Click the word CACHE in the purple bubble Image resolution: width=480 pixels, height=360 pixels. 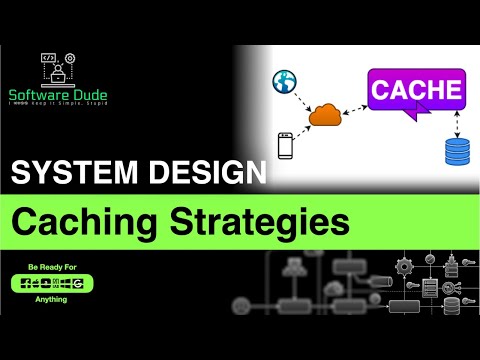(x=416, y=92)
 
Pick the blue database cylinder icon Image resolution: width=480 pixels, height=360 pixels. (x=457, y=152)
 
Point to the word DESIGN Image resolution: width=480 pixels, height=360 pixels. (x=203, y=176)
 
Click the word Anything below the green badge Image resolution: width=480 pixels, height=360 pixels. (x=48, y=298)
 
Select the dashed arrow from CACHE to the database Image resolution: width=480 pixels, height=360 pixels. (x=456, y=126)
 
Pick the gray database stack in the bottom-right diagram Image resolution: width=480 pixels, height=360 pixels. (x=429, y=289)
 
